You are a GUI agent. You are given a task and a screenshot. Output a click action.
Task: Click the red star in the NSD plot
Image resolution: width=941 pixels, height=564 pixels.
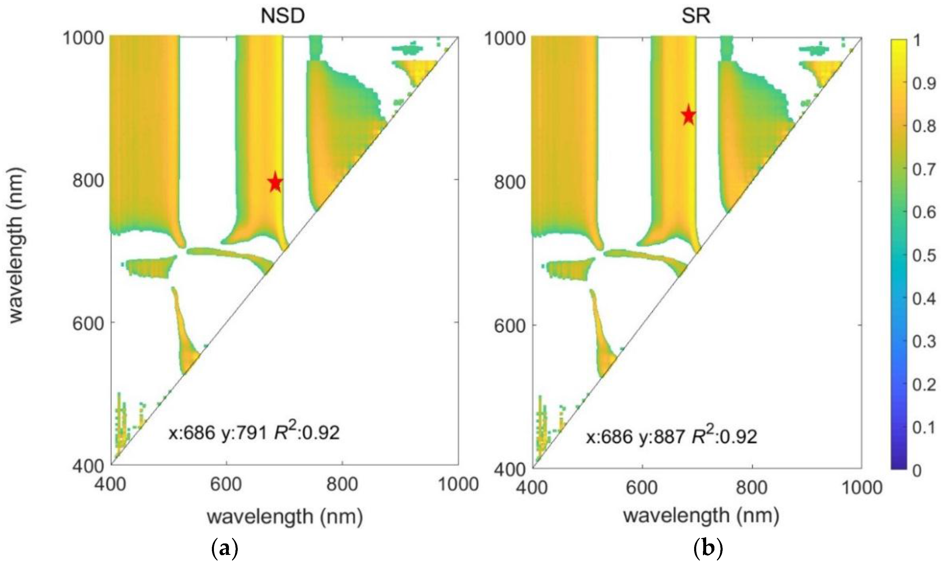tap(275, 182)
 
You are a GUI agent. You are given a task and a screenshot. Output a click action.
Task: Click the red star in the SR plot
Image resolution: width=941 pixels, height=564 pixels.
tap(689, 116)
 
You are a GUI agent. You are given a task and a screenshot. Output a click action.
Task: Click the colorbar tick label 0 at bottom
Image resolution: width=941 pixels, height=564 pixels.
tap(917, 471)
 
